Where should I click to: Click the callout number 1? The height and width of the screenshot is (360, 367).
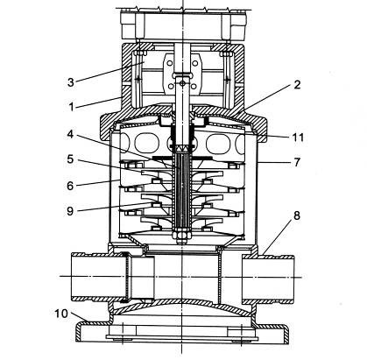click(x=71, y=107)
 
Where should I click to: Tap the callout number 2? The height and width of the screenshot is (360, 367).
click(x=297, y=85)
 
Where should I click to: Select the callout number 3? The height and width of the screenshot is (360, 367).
click(x=71, y=82)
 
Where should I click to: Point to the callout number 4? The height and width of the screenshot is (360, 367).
click(x=70, y=134)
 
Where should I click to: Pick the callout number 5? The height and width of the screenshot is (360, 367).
click(x=70, y=159)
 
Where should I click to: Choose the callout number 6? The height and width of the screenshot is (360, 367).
click(x=70, y=186)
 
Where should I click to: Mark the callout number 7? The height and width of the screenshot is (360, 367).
click(x=297, y=162)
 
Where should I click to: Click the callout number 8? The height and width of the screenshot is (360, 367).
click(x=297, y=215)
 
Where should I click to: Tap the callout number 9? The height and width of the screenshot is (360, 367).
click(x=70, y=211)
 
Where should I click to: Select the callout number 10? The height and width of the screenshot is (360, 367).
click(x=61, y=314)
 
